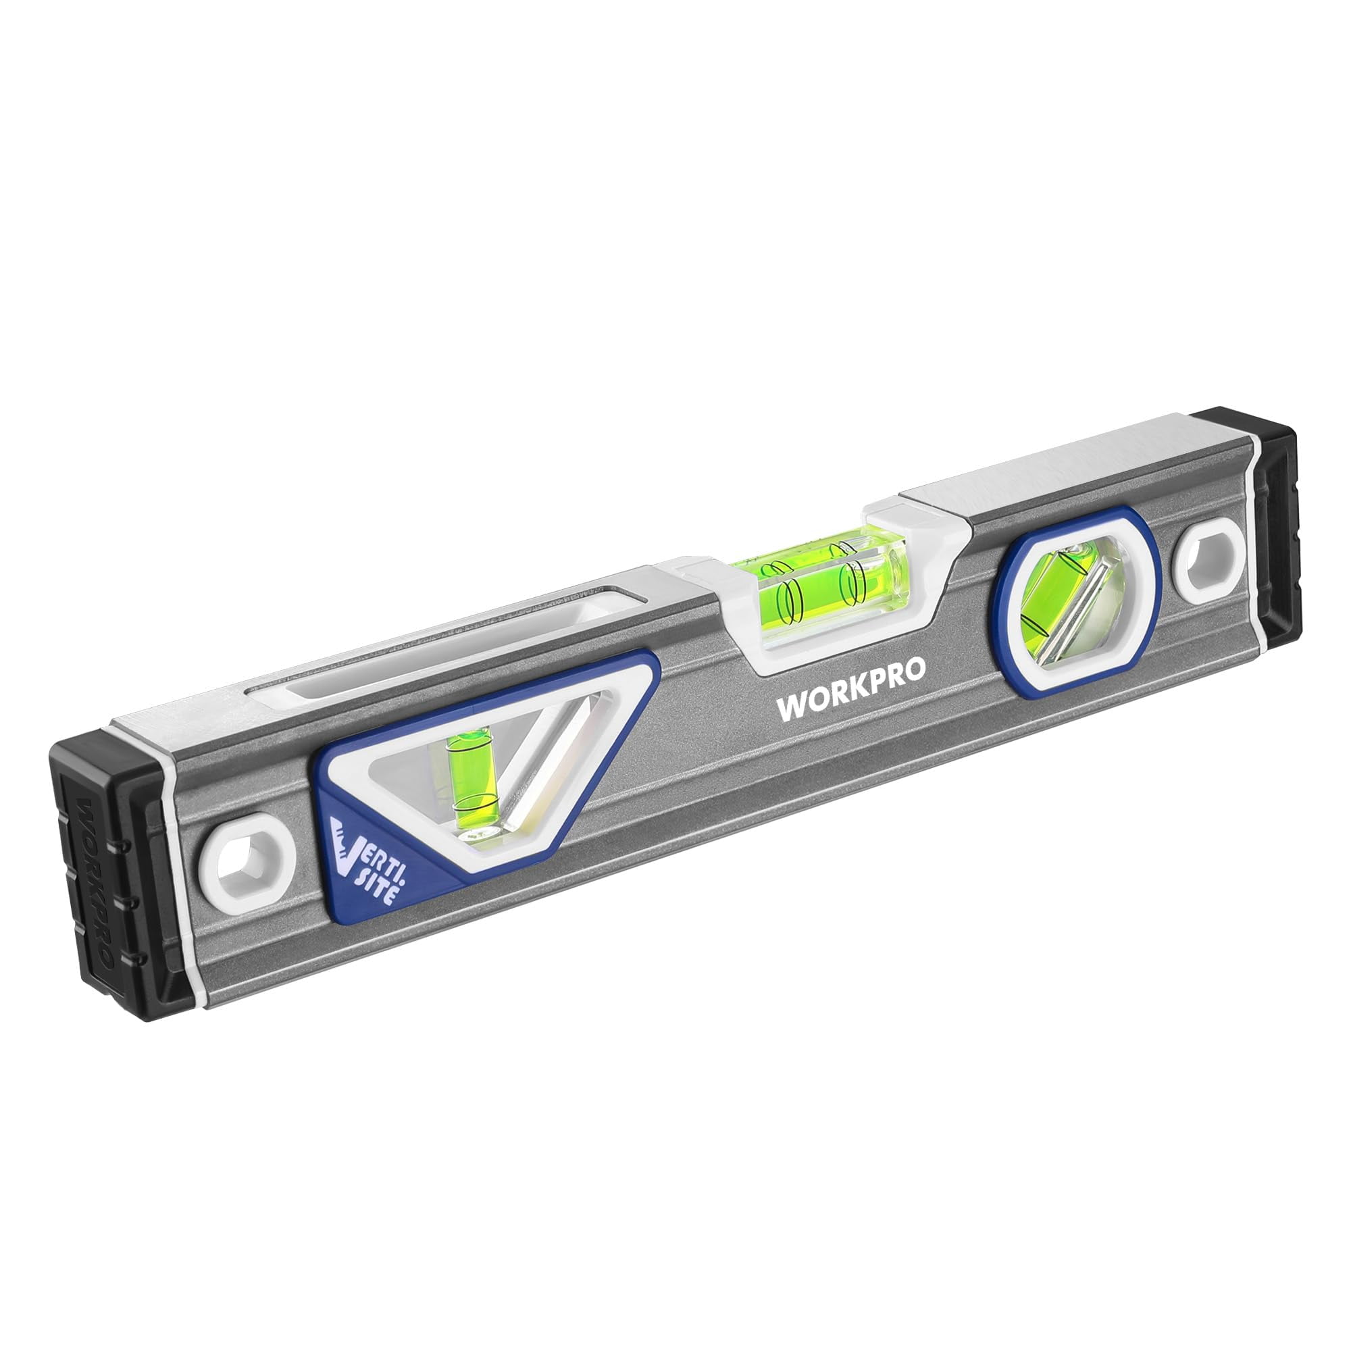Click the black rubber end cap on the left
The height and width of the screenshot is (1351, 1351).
119,874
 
